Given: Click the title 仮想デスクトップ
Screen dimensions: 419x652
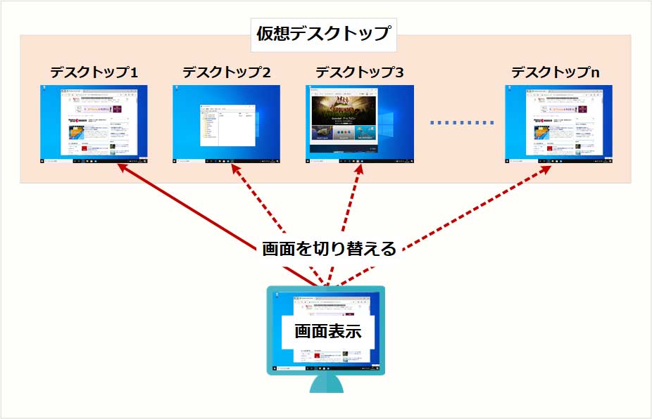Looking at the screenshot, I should [x=323, y=34].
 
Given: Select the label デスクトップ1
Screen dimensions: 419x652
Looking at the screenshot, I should [x=94, y=72].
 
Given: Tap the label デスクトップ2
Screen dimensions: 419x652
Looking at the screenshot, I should [x=227, y=72].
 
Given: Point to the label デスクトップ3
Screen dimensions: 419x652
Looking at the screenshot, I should [x=360, y=72].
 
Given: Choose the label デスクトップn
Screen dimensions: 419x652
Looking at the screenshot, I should [x=556, y=72].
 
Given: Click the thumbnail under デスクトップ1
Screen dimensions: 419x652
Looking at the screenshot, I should [x=94, y=124].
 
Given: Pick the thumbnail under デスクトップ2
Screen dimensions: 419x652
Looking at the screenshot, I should [x=227, y=124].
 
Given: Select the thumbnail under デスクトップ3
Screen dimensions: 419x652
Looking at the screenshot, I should [x=360, y=124].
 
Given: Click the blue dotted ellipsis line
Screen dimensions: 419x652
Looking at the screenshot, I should [x=462, y=123].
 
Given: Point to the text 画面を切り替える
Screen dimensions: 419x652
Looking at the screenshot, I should [x=329, y=248].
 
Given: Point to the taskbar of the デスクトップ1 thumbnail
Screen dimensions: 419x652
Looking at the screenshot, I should [x=94, y=161].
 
